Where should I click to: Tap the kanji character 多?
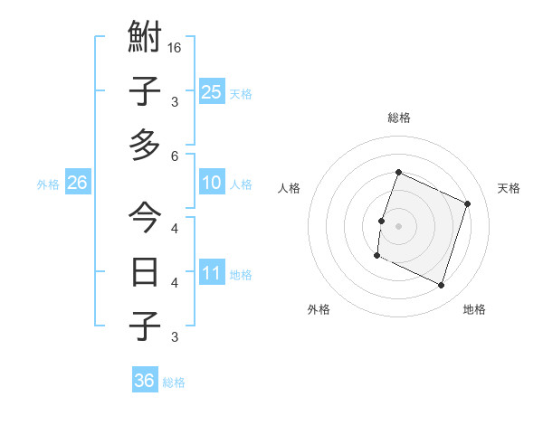coord(145,145)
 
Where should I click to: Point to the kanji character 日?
coord(145,271)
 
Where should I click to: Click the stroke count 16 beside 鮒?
coord(176,48)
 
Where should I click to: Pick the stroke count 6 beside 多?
coord(176,156)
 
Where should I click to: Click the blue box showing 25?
coord(212,91)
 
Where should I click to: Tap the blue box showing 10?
coord(212,184)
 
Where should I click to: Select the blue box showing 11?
coord(212,273)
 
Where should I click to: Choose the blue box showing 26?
coord(78,183)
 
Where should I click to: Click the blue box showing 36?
coord(145,381)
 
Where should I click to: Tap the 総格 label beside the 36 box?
coord(174,382)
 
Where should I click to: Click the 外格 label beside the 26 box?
coord(48,184)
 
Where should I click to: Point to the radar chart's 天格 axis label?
coord(509,188)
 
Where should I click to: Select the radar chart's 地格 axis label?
coord(474,309)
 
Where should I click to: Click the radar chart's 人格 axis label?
coord(290,188)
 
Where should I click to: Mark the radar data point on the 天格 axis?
coord(468,203)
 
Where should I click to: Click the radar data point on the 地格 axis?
coord(441,286)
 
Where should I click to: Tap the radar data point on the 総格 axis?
coord(398,173)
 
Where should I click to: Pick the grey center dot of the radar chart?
coord(398,226)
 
